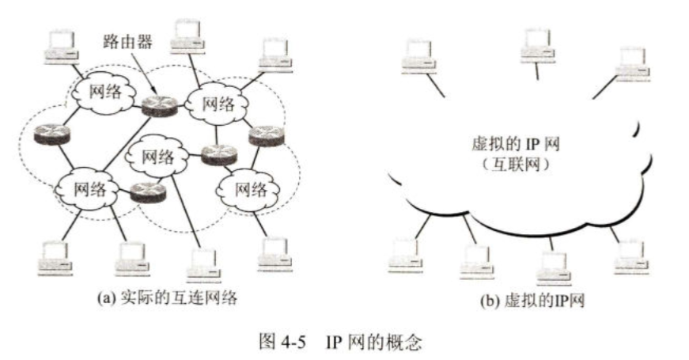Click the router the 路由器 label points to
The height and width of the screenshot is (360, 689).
(157, 107)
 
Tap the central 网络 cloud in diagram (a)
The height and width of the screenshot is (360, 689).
(157, 154)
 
